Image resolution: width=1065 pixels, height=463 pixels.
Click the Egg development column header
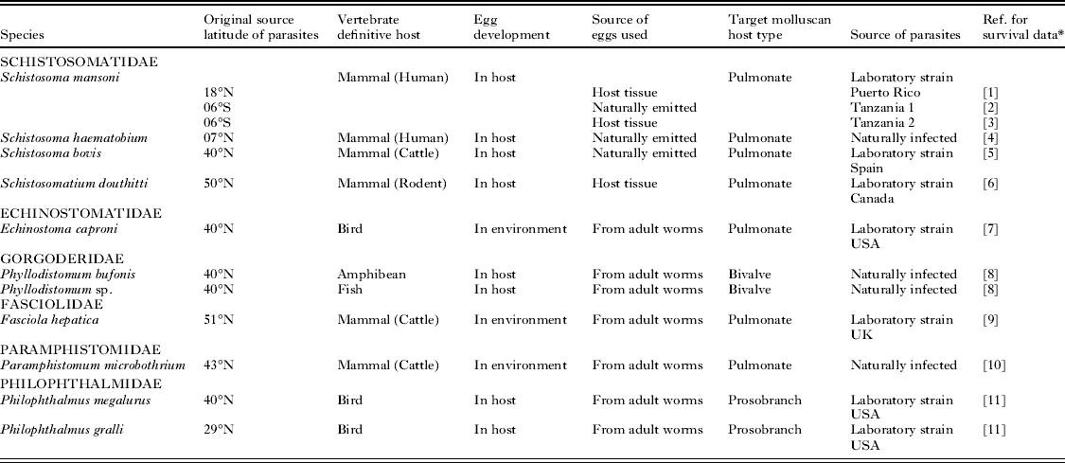point(511,27)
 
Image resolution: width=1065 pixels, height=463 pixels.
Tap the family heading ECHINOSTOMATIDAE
point(66,213)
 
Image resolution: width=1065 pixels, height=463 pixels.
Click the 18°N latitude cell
point(219,93)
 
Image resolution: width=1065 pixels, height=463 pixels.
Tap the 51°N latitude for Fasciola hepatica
point(219,319)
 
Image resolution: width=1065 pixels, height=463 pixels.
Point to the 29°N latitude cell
point(219,431)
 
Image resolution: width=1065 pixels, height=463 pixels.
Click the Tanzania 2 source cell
point(886,123)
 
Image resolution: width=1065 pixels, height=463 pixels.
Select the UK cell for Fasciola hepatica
point(861,334)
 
